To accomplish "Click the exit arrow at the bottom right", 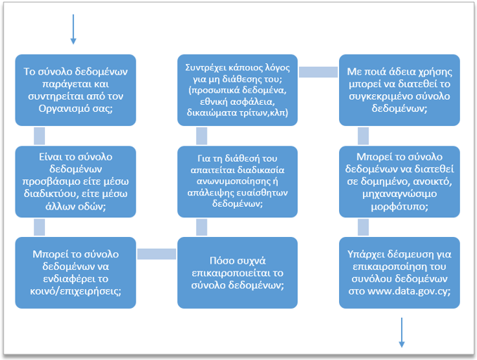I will click(x=402, y=332).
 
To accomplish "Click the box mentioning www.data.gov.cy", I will click(x=399, y=271).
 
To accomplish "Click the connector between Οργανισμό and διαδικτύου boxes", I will click(x=39, y=135).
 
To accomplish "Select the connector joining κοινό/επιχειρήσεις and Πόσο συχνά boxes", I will click(x=156, y=253).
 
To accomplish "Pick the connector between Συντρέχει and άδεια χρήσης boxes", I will click(x=318, y=72).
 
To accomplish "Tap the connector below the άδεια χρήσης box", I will click(x=363, y=135).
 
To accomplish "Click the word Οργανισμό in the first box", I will click(x=56, y=110).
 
